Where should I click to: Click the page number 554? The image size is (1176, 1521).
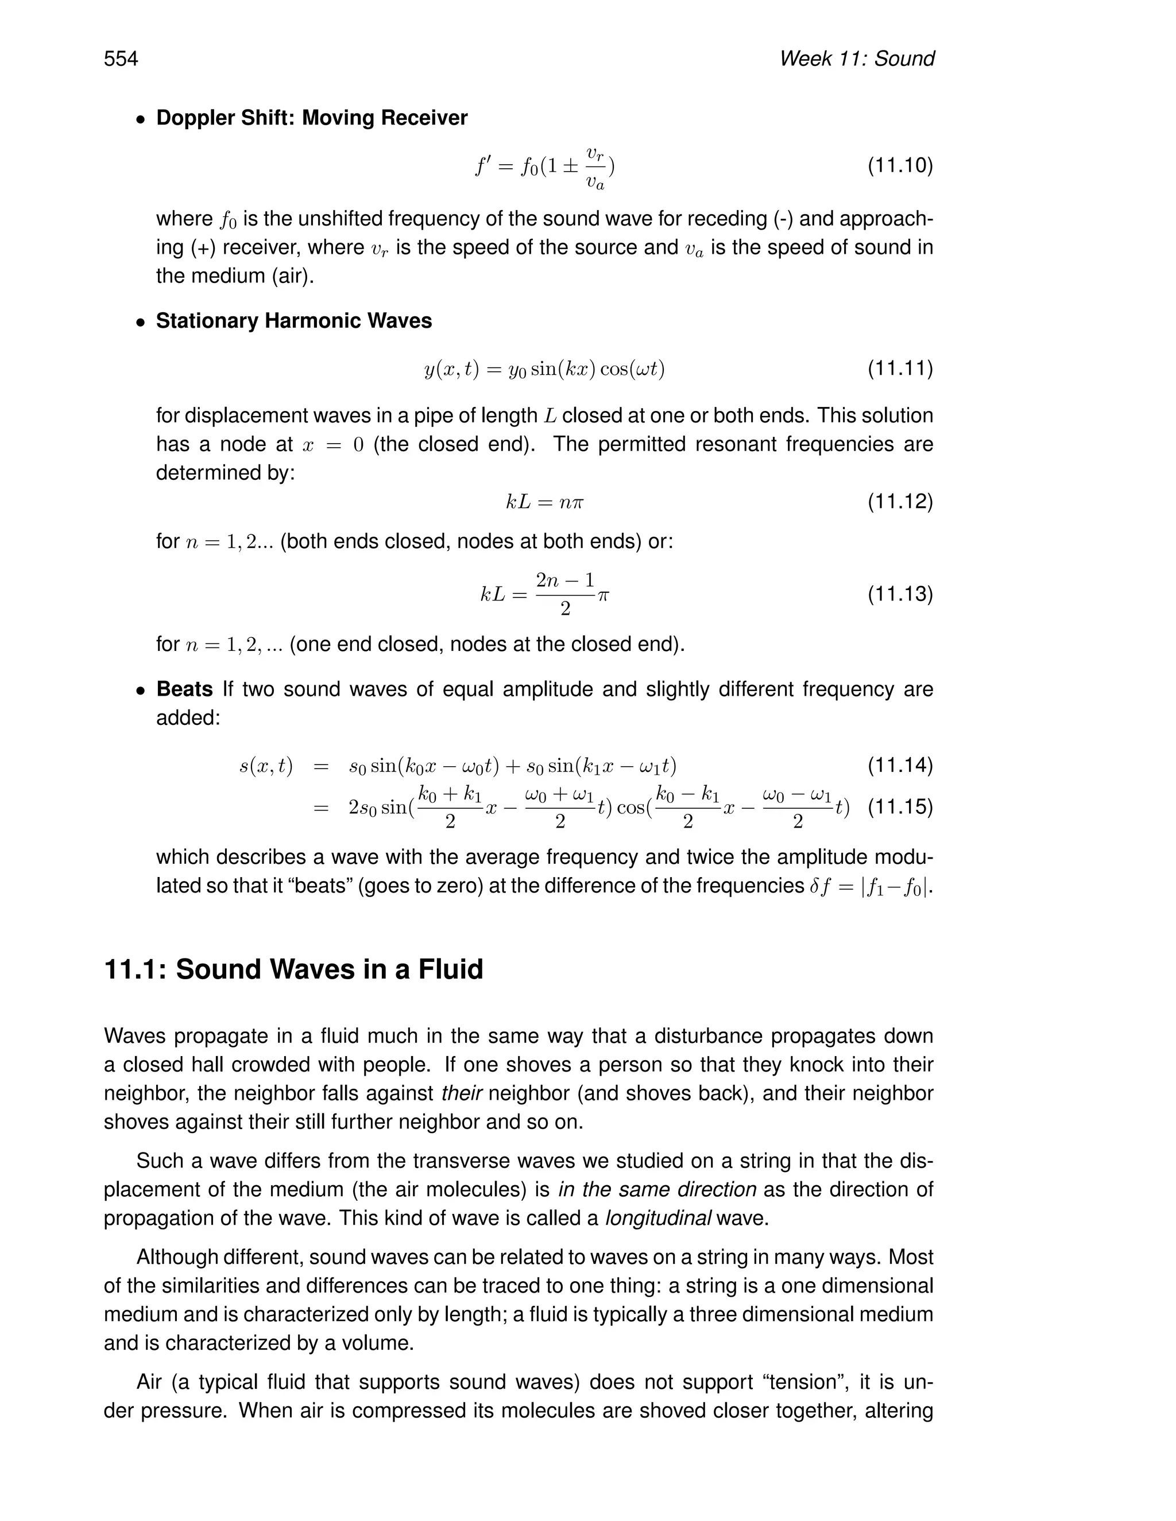click(121, 59)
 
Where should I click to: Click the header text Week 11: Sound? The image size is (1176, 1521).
click(856, 59)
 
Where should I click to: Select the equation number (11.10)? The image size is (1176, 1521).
click(899, 166)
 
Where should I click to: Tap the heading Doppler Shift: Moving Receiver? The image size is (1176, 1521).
click(311, 118)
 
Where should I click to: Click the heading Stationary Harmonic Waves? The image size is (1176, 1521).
click(293, 320)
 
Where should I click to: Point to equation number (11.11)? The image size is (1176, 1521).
click(899, 368)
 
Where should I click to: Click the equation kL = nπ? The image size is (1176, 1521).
click(544, 502)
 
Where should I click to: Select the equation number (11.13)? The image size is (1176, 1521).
click(899, 594)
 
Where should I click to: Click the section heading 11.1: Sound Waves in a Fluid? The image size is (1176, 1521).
click(293, 969)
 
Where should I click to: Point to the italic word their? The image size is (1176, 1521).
click(462, 1093)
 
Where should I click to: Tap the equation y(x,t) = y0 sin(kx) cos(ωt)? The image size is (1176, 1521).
click(544, 368)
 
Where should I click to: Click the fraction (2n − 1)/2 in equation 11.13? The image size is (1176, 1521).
click(565, 594)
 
